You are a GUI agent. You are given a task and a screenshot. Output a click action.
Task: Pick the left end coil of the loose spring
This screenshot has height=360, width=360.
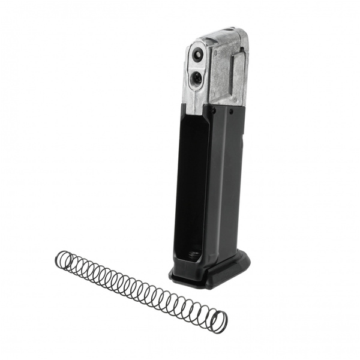coord(62,259)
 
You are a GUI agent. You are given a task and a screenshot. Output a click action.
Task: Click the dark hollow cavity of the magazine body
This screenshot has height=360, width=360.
coord(192,180)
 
